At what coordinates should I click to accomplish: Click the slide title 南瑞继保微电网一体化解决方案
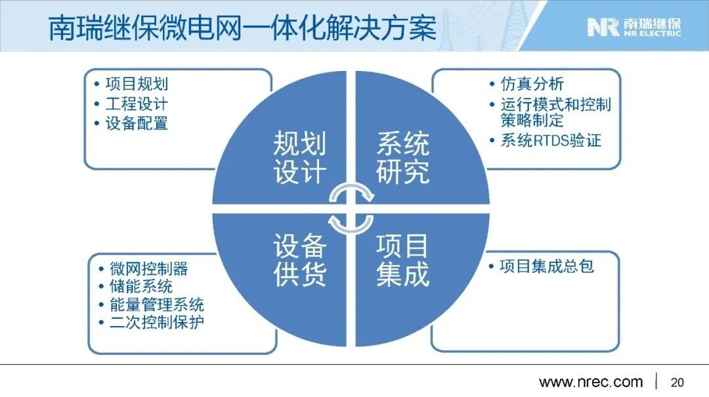click(242, 28)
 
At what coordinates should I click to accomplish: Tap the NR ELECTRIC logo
click(634, 27)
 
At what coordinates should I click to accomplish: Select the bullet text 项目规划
click(137, 83)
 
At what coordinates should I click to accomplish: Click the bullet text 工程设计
click(137, 104)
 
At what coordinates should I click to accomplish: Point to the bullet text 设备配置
click(137, 123)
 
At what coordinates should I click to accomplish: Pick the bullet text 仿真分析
click(532, 83)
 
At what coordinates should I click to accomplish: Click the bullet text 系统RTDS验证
click(551, 141)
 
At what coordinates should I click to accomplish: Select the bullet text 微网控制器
click(149, 268)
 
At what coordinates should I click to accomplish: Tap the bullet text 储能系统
click(141, 286)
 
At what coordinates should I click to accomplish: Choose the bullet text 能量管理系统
click(156, 304)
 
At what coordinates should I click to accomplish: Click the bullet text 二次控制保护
click(156, 322)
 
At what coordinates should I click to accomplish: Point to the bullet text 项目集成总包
click(547, 266)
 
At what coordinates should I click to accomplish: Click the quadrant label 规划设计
click(299, 158)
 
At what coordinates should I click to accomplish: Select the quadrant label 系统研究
click(402, 158)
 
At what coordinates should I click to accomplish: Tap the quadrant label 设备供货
click(299, 260)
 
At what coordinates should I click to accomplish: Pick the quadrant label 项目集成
click(402, 260)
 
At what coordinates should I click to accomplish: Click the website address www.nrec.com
click(591, 382)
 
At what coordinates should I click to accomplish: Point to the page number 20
click(677, 382)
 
